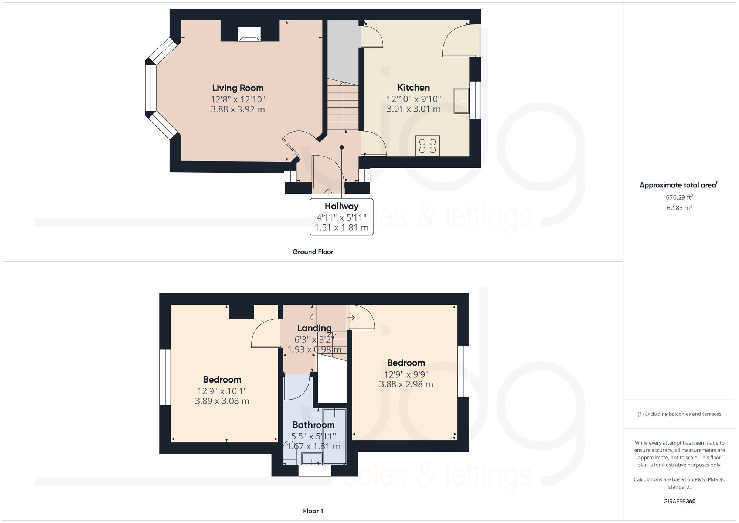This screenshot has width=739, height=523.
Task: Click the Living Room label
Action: click(238, 88)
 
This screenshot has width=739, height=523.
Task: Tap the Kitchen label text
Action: click(413, 88)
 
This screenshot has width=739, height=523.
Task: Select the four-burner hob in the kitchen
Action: click(428, 146)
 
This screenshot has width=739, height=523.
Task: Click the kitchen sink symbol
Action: click(461, 101)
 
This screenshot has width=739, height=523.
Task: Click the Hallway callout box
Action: click(341, 217)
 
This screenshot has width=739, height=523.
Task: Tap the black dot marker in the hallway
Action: click(342, 147)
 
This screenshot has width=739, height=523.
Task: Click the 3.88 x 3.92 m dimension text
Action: click(238, 109)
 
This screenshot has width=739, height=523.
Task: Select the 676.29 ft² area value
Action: click(679, 197)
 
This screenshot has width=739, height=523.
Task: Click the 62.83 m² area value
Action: click(679, 208)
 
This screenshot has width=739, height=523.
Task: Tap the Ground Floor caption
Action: click(313, 252)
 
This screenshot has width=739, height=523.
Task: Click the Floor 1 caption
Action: click(313, 511)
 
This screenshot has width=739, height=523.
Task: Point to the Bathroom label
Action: click(313, 425)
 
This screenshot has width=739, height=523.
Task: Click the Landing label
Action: click(314, 328)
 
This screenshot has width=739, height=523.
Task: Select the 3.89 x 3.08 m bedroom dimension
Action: click(222, 401)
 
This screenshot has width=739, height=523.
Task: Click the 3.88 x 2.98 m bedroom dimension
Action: click(406, 384)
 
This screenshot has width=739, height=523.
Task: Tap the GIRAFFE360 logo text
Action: click(679, 502)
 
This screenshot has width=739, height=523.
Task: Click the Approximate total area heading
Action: click(679, 185)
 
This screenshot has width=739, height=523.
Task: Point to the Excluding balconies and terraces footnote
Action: click(679, 414)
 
